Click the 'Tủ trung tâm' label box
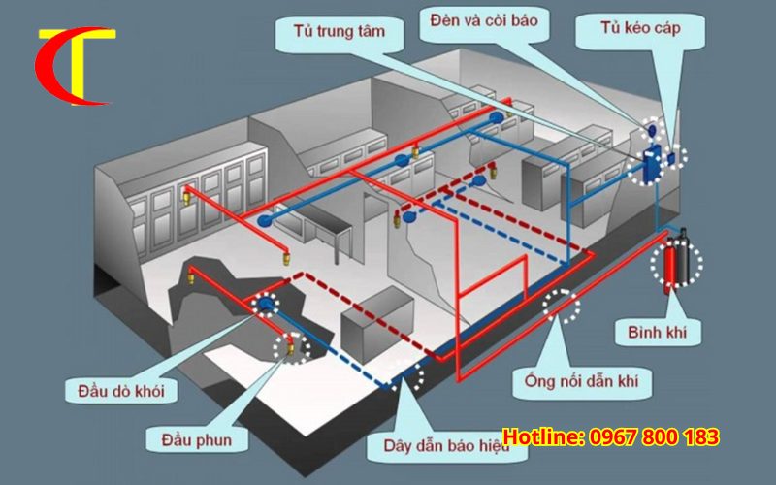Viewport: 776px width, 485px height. pos(339,32)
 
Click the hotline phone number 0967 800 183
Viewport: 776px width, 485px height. pos(654,437)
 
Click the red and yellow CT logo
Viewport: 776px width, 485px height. pos(73,66)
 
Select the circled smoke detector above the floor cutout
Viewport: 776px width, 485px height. pos(265,307)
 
